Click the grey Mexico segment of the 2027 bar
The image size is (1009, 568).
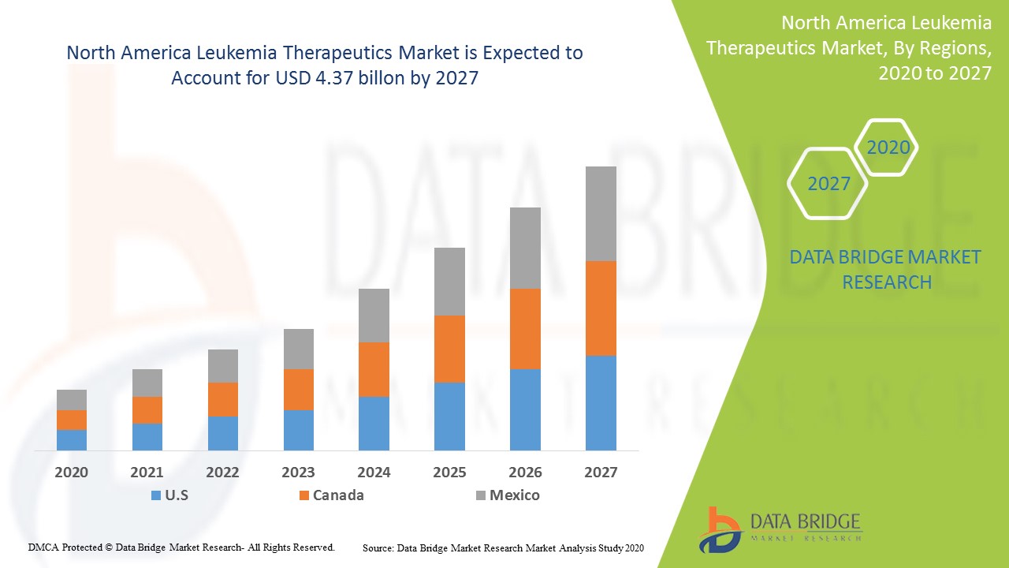601,214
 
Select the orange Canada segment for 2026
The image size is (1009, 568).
525,329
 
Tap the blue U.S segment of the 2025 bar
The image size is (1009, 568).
449,417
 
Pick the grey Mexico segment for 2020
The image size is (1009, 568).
72,400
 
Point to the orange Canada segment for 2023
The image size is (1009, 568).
298,390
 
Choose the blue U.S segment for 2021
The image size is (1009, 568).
147,437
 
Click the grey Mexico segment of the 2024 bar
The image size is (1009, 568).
374,316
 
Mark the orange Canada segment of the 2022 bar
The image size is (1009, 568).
223,399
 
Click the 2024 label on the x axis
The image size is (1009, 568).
374,473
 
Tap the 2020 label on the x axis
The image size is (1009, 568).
72,473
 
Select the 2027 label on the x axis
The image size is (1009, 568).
601,473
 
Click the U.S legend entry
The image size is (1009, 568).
169,495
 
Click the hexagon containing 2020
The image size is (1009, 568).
888,148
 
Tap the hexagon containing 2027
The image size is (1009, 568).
828,184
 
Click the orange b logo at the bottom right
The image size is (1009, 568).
720,529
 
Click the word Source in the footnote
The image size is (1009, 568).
378,547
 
